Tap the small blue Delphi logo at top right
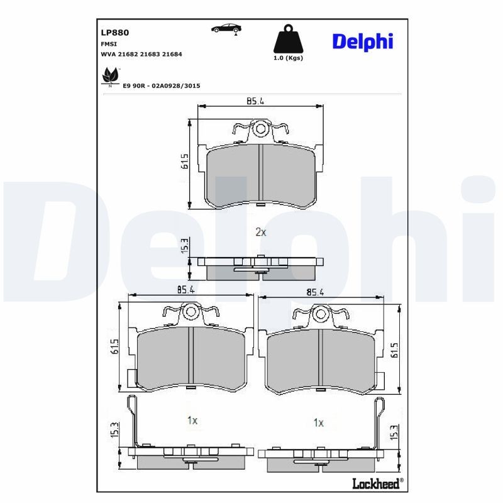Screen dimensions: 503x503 point(362,42)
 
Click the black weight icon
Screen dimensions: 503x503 point(287,40)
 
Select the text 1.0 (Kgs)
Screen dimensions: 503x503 point(288,58)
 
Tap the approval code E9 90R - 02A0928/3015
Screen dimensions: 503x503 point(161,86)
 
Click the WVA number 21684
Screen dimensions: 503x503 point(172,55)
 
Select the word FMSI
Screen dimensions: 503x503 point(108,45)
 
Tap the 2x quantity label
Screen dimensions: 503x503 point(260,232)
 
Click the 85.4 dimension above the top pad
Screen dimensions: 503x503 point(253,101)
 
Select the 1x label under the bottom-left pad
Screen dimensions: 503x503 point(192,420)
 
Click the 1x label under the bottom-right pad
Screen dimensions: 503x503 point(319,423)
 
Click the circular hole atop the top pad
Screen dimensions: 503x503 point(260,129)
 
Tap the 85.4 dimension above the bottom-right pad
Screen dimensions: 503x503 point(314,292)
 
